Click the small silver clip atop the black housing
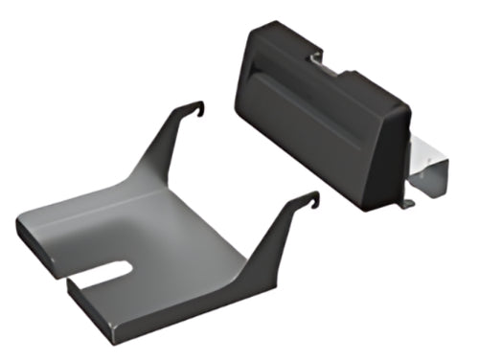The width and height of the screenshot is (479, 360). pyautogui.click(x=322, y=61)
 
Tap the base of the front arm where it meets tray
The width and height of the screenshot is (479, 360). pyautogui.click(x=259, y=278)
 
